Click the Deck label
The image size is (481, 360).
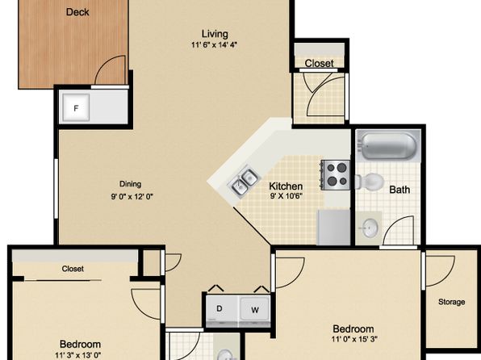point(77,12)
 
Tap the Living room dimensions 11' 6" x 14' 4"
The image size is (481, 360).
point(215,45)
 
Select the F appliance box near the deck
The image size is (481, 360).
point(76,107)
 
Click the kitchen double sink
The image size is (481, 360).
point(245,182)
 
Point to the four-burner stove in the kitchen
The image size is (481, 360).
point(335,175)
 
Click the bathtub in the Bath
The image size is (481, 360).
point(387,146)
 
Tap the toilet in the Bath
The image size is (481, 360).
point(370,182)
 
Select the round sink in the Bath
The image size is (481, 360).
point(370,228)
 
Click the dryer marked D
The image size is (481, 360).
point(221,310)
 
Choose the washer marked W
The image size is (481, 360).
point(255,310)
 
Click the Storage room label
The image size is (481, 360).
point(452,302)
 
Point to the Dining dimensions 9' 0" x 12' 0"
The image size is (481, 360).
point(132,196)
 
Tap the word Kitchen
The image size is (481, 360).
point(286,186)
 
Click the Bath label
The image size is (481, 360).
point(399,190)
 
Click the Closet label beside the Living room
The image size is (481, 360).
point(319,63)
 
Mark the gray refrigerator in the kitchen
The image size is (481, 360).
point(333,227)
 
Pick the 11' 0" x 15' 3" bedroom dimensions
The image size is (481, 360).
point(354,339)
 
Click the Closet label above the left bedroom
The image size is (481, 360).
point(73,269)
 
